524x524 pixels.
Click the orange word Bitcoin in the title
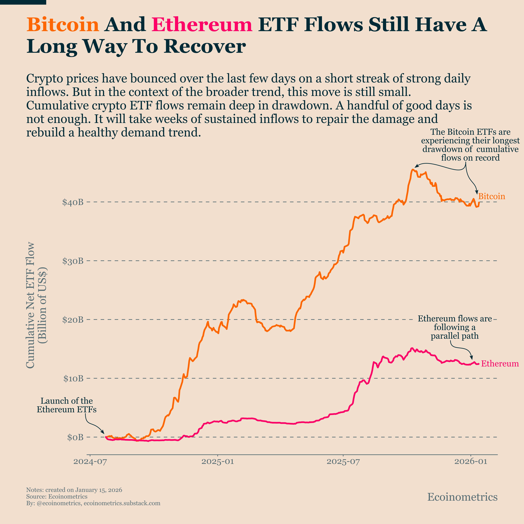63,24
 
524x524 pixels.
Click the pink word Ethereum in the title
202,24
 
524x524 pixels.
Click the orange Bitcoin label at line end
491,196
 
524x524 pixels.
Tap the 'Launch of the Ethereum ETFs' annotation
67,405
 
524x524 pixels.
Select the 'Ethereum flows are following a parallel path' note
455,327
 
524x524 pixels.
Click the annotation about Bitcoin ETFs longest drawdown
470,145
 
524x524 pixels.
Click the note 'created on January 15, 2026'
74,490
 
